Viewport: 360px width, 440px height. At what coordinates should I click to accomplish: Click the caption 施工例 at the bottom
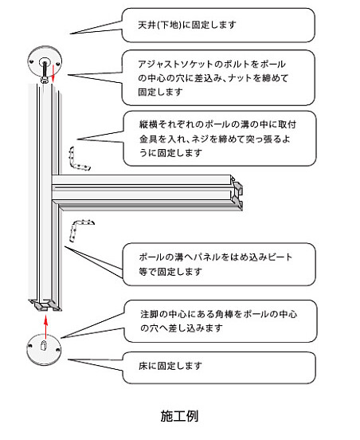[x=179, y=416]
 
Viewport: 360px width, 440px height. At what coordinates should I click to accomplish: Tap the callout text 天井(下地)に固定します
[x=187, y=25]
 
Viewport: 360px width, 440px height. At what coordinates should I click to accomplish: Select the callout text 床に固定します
[x=170, y=366]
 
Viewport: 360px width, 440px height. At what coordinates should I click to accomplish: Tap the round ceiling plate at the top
[x=45, y=61]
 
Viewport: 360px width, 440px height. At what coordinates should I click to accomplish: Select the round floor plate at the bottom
[x=44, y=350]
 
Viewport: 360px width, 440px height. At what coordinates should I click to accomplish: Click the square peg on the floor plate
[x=43, y=345]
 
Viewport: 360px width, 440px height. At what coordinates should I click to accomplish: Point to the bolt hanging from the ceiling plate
[x=45, y=73]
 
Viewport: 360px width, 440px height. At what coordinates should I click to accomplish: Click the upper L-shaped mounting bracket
[x=78, y=160]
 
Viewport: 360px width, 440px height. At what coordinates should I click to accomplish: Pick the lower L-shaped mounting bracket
[x=80, y=229]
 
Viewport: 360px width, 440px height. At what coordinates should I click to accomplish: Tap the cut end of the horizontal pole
[x=237, y=193]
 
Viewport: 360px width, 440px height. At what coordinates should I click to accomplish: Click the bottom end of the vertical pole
[x=45, y=305]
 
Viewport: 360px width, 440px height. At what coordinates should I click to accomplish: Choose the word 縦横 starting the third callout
[x=148, y=124]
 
